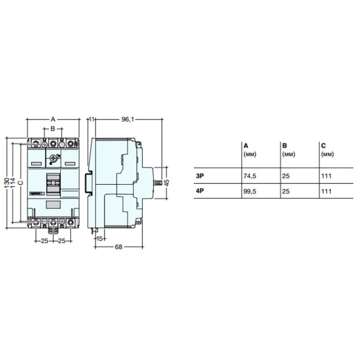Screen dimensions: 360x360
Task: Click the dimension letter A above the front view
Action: (53, 119)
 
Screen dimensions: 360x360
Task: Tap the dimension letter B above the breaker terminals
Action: (53, 128)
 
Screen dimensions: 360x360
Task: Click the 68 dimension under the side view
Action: (119, 247)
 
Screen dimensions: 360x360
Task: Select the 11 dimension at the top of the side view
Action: (92, 120)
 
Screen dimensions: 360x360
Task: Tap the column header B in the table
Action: (283, 145)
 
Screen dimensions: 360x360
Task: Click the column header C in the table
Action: (323, 145)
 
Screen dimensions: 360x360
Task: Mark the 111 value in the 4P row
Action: (326, 191)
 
